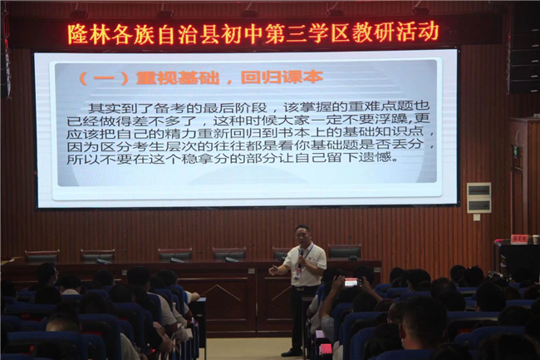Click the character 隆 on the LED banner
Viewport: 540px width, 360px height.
77,34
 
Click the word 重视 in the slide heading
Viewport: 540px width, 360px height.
156,78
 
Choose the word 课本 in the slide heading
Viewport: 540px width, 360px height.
302,77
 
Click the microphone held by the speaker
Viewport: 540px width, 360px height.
301,255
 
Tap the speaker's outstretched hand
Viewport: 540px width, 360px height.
274,269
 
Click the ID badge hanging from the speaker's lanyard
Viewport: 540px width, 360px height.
298,274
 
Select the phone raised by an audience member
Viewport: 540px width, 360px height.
352,283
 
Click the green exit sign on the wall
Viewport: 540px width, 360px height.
515,152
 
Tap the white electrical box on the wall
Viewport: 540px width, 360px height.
479,198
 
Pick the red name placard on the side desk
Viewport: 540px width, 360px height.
519,239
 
